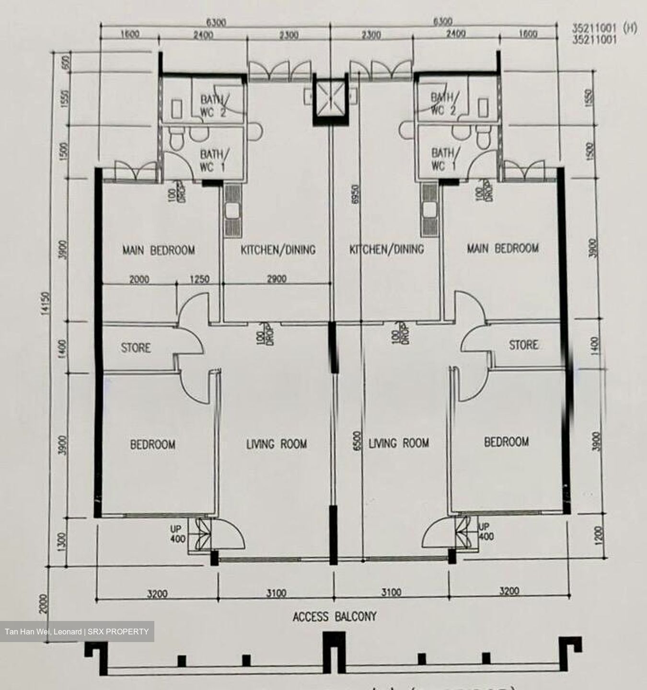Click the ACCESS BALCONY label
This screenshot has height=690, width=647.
tap(335, 616)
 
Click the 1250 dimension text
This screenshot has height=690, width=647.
tap(199, 279)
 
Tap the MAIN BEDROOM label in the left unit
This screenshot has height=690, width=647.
tap(158, 250)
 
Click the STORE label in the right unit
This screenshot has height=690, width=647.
tap(523, 345)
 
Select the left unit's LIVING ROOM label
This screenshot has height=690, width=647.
tap(277, 444)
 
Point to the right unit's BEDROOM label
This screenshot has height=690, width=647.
tap(506, 441)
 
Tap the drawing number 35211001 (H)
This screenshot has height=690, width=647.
tap(604, 29)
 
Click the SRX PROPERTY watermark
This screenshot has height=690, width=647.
tap(77, 632)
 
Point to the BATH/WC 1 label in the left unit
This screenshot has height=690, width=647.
tap(211, 160)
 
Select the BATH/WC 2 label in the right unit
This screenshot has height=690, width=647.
tap(443, 104)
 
